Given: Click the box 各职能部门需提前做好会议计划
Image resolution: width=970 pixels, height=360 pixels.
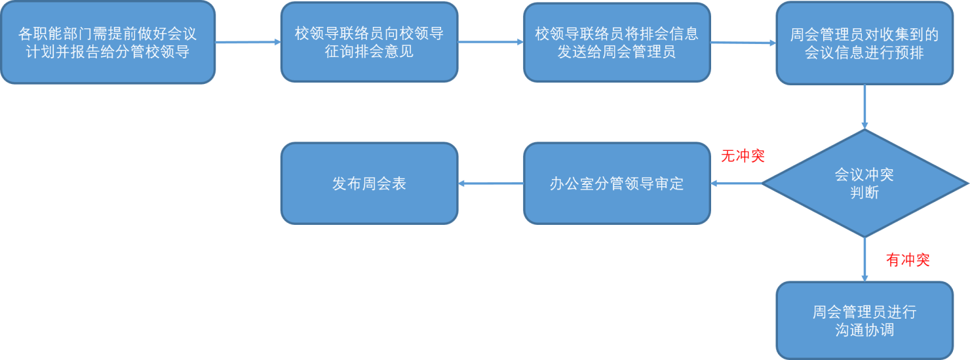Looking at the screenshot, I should click(x=107, y=43).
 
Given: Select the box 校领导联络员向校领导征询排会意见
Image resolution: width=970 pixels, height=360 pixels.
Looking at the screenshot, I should click(x=369, y=43).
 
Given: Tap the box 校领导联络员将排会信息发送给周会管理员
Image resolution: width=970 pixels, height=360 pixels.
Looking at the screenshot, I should click(x=616, y=43).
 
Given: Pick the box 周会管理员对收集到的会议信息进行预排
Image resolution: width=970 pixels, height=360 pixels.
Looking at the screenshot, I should click(x=864, y=43).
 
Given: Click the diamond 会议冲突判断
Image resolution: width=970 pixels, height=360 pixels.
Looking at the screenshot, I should click(x=864, y=184).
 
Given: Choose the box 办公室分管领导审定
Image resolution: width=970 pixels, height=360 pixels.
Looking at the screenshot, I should click(x=616, y=184).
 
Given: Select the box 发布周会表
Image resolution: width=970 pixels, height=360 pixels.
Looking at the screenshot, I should click(x=369, y=184).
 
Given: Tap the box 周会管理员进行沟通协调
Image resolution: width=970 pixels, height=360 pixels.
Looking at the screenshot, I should click(x=864, y=321).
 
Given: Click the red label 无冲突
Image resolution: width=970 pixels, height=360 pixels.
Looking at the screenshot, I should click(x=743, y=156).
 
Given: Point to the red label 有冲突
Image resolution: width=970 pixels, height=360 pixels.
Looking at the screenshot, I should click(x=908, y=260).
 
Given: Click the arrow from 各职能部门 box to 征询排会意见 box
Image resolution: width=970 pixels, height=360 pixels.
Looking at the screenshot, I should click(x=248, y=43).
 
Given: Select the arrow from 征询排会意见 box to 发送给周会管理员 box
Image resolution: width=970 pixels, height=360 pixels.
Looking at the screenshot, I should click(x=490, y=43).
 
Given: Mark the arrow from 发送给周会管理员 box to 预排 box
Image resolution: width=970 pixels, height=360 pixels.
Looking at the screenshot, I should click(x=743, y=43).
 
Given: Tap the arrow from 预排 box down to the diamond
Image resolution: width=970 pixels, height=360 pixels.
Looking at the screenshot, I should click(x=864, y=107).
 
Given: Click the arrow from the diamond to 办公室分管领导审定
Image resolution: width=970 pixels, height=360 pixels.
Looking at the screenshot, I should click(x=736, y=184).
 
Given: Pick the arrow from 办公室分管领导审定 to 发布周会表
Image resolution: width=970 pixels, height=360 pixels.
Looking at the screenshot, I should click(x=490, y=184).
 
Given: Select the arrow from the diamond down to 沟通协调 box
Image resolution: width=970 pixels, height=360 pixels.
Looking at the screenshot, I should click(x=864, y=260).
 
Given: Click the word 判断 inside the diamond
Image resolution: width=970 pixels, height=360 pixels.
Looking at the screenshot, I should click(x=864, y=193).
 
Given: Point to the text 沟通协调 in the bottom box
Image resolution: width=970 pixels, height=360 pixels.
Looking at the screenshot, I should click(x=864, y=330).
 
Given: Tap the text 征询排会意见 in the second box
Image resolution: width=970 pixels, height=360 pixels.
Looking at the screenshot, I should click(x=369, y=52).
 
